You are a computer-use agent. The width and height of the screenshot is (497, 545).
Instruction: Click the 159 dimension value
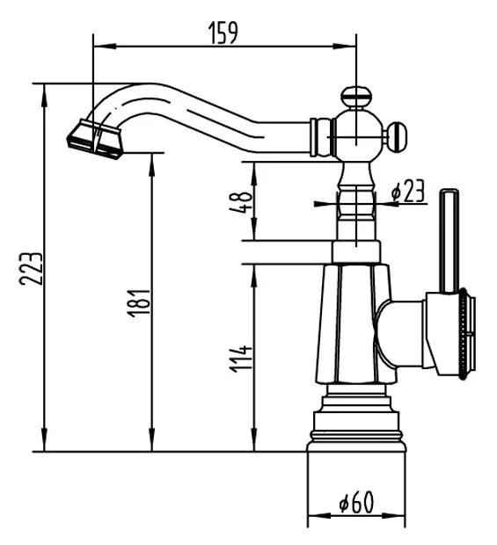[x=223, y=33]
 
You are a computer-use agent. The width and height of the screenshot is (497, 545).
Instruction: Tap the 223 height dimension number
[x=31, y=269]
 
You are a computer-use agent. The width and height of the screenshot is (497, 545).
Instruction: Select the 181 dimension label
[x=139, y=303]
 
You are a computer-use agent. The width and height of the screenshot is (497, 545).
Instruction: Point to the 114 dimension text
[x=241, y=359]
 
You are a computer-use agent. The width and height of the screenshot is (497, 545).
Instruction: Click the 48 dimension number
[x=241, y=202]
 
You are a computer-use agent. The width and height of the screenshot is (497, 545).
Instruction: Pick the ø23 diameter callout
[x=408, y=191]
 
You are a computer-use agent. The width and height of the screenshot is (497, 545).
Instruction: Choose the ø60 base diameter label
[x=355, y=502]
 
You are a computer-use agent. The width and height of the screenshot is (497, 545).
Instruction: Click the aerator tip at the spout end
[x=95, y=139]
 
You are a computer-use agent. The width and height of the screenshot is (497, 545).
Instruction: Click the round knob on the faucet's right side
[x=397, y=137]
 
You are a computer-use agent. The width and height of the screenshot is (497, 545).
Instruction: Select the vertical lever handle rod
[x=449, y=241]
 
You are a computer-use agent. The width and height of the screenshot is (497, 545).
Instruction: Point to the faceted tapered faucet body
[x=354, y=324]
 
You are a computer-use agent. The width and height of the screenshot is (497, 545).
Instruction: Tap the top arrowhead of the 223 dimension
[x=44, y=96]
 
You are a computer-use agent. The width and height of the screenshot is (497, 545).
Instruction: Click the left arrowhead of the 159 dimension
[x=105, y=46]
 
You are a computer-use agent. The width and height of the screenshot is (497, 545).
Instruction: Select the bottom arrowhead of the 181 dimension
[x=151, y=440]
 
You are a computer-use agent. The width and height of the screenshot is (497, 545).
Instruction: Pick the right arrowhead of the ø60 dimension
[x=394, y=515]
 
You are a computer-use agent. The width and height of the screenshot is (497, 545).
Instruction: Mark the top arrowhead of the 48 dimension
[x=254, y=173]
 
